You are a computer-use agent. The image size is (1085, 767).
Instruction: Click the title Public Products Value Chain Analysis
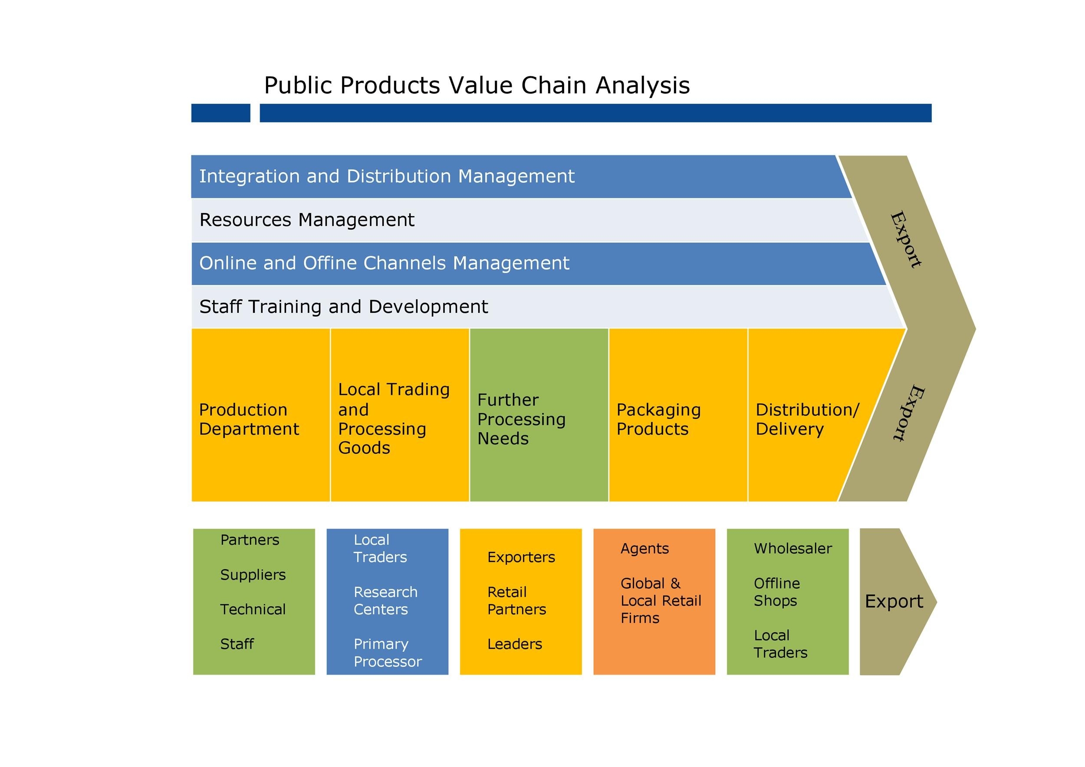pos(477,85)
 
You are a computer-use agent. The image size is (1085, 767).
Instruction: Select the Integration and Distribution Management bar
pos(473,177)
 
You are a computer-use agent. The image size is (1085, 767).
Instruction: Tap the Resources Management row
pos(473,220)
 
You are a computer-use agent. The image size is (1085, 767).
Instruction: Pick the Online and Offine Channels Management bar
pos(473,263)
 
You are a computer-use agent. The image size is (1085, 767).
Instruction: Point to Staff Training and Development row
pos(473,307)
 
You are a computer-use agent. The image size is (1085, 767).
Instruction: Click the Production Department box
pos(260,415)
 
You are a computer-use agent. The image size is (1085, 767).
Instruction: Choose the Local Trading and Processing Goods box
pos(399,415)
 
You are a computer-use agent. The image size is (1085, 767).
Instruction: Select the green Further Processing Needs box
pos(539,415)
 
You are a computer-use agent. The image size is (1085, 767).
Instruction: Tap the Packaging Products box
pos(678,415)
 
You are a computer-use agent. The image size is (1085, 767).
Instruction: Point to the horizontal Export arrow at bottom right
pos(893,602)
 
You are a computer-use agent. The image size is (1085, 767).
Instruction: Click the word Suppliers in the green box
pos(253,575)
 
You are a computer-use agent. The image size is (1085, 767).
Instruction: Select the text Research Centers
pos(385,601)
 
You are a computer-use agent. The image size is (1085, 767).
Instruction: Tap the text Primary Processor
pos(387,653)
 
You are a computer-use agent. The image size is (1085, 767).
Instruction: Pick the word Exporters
pos(521,557)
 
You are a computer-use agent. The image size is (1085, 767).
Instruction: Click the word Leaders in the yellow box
pos(515,644)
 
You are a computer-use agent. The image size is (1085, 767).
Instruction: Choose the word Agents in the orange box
pos(644,549)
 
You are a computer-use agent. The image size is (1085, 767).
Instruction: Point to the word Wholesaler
pos(792,549)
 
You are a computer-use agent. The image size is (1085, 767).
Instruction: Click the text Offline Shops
pos(776,592)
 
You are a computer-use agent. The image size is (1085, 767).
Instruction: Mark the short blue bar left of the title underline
pos(220,113)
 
